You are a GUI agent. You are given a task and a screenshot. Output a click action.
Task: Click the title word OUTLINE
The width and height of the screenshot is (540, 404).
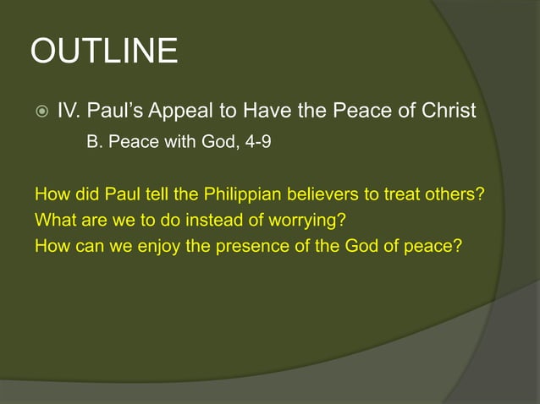[x=104, y=52]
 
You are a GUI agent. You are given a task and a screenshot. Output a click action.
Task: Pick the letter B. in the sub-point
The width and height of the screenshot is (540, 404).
[x=95, y=142]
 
